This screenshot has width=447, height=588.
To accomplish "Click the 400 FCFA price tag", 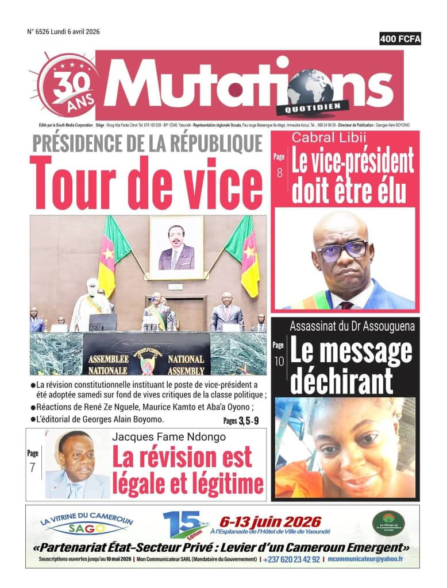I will (400, 39).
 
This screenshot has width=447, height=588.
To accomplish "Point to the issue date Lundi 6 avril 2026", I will (75, 32).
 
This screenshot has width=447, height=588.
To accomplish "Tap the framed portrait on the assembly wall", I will (176, 243).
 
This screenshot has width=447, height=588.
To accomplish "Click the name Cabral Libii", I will (324, 137).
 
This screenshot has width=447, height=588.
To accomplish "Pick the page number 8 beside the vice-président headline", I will (279, 172).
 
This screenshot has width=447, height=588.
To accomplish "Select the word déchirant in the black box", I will (341, 382).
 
